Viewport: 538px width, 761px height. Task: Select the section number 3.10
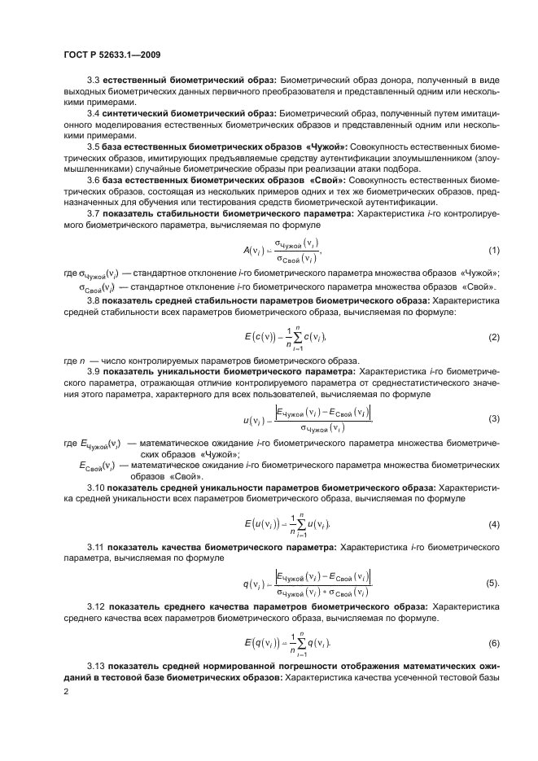pos(96,487)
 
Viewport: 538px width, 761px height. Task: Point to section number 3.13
pos(96,667)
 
